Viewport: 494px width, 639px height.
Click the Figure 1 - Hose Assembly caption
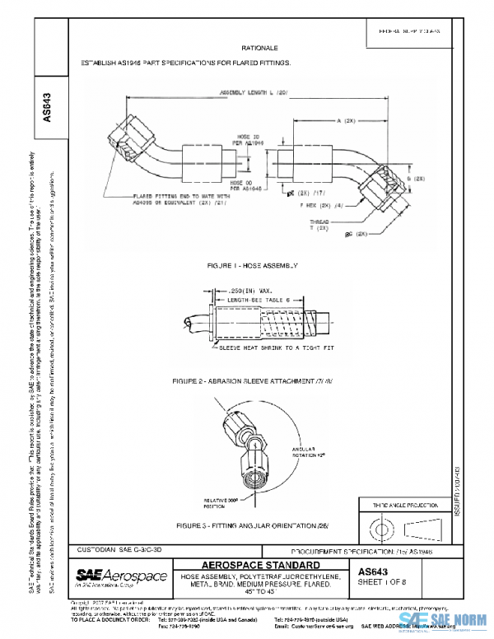pos(254,265)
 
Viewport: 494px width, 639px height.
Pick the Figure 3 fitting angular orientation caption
pos(244,525)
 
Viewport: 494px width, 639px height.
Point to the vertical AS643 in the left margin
pos(46,108)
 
